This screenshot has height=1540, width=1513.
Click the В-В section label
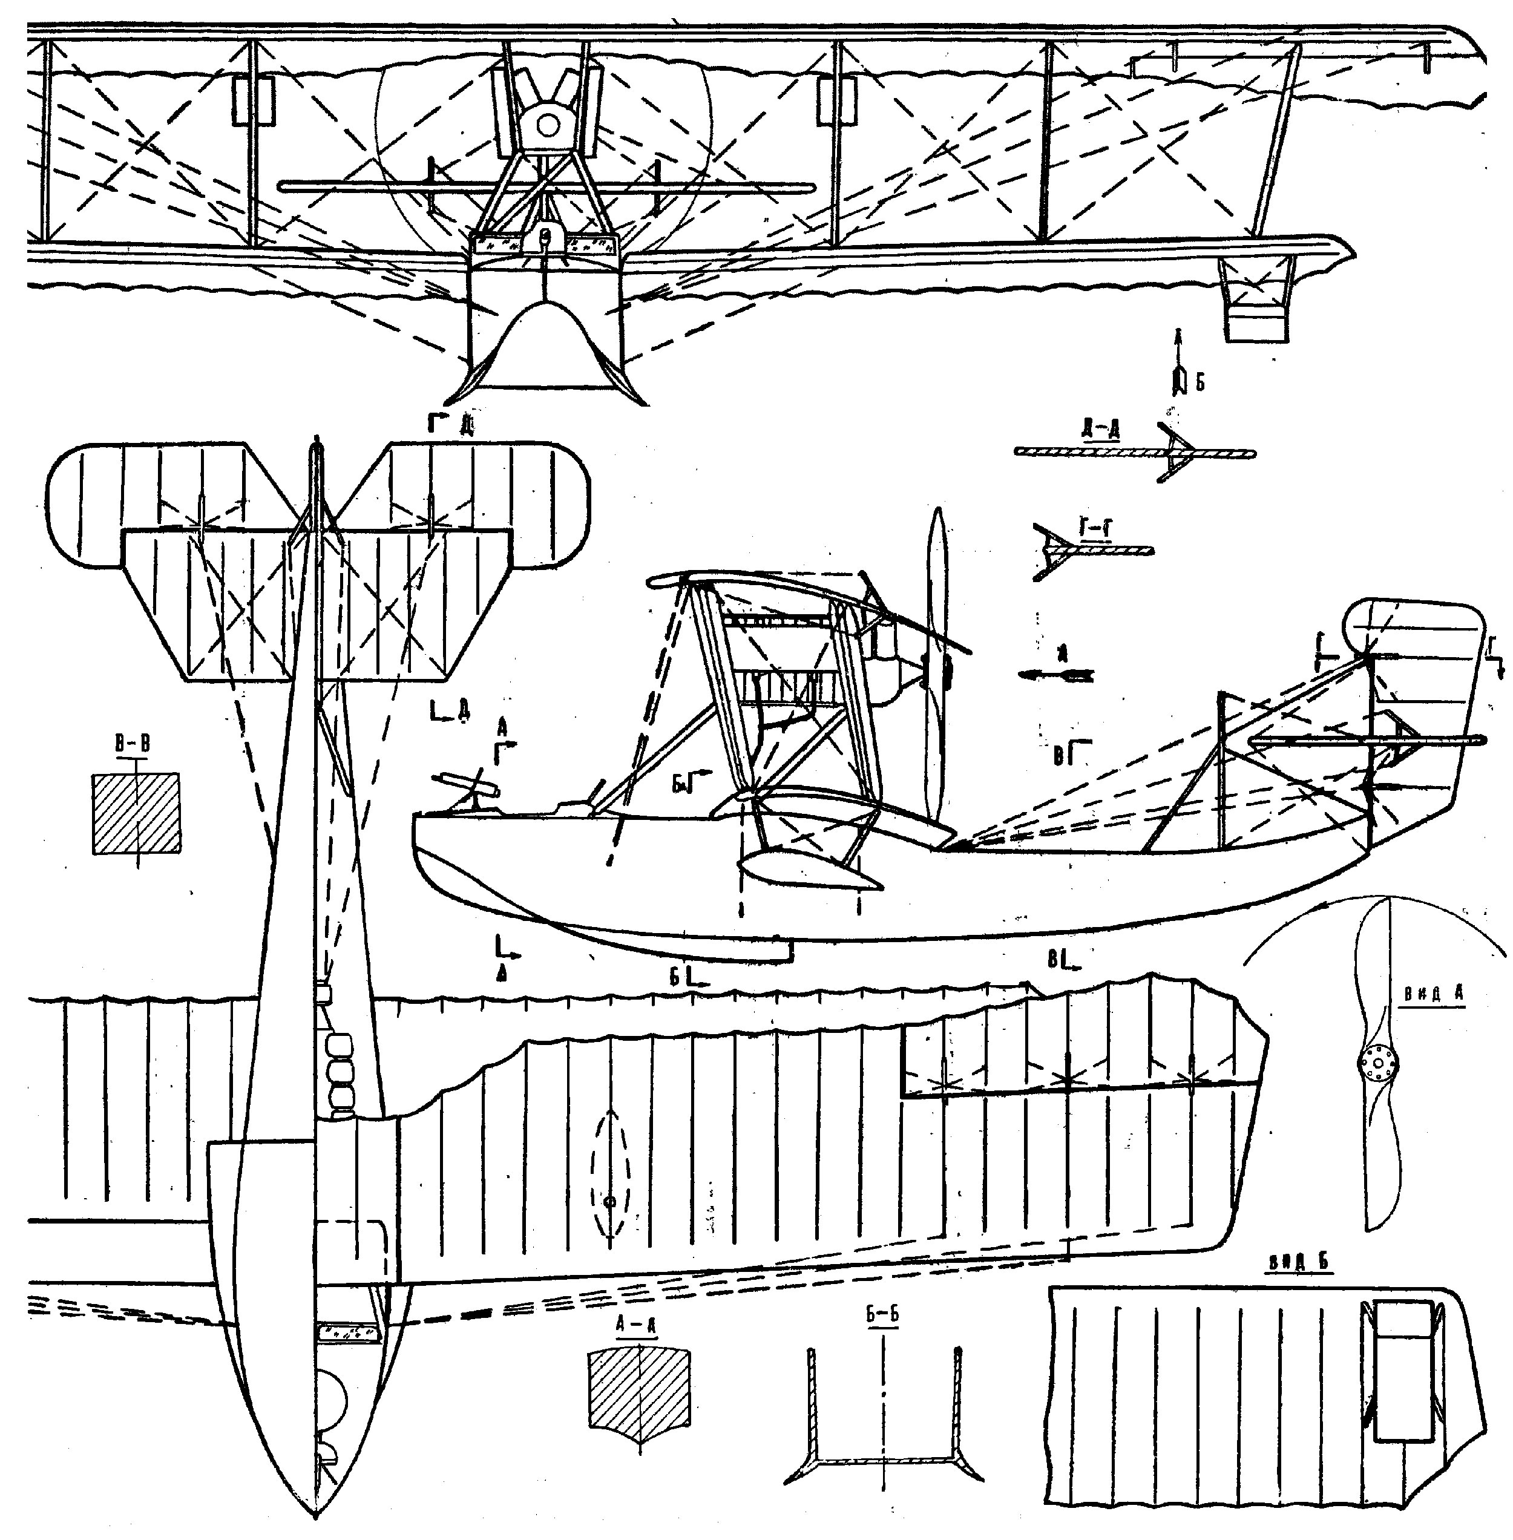pos(132,744)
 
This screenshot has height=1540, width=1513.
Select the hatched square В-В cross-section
pos(136,814)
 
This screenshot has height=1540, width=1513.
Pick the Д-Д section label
pos(1100,430)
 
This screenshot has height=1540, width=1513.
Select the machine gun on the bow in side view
pos(467,785)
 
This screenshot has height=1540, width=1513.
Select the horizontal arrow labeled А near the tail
pos(1056,675)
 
